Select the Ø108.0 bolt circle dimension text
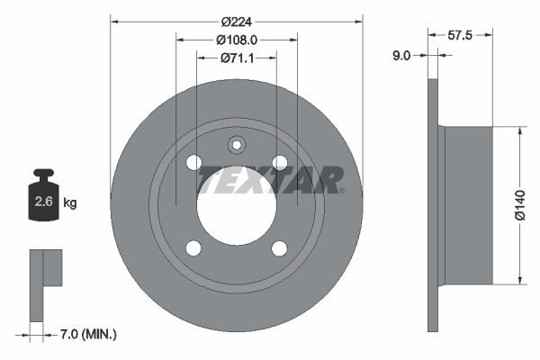point(237,40)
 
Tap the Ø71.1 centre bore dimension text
point(237,58)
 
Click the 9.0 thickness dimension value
point(401,56)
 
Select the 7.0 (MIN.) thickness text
point(86,335)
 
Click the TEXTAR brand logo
point(269,179)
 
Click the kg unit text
point(69,203)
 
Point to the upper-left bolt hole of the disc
point(193,162)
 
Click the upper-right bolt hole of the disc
point(280,162)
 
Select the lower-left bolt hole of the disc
point(193,248)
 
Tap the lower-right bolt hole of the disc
point(280,248)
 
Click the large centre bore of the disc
point(237,205)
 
